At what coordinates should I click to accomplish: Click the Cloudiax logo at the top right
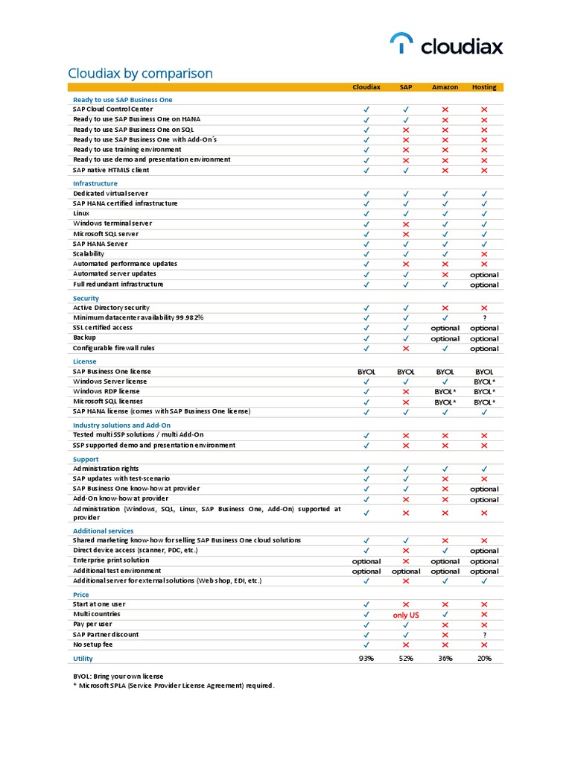coord(447,45)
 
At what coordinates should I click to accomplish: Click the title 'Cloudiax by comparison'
coord(140,73)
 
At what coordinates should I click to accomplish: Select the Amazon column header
coord(445,87)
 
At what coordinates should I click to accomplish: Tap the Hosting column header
coord(484,87)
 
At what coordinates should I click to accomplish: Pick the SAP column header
coord(406,87)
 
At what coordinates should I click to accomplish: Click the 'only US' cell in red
coord(406,615)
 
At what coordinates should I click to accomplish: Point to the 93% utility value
coord(366,659)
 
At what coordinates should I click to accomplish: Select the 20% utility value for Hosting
coord(484,659)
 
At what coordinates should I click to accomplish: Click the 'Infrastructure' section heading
coord(95,183)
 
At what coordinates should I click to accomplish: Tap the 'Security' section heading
coord(86,298)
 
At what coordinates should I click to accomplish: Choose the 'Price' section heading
coord(81,595)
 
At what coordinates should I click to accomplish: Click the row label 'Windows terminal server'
coord(112,224)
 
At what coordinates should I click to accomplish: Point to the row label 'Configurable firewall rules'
coord(114,348)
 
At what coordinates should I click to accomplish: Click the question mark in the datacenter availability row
coord(484,318)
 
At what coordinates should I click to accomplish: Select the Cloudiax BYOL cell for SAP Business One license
coord(366,371)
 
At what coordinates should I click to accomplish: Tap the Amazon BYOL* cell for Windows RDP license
coord(445,391)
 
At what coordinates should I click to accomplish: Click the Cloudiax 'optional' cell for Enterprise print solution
coord(366,561)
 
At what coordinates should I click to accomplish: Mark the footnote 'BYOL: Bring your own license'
coord(118,676)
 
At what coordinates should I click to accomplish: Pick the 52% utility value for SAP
coord(406,659)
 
